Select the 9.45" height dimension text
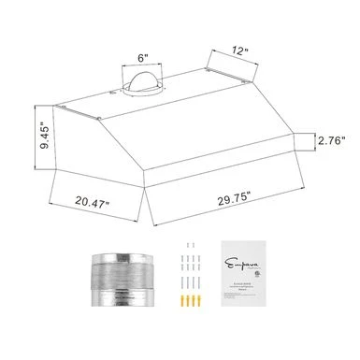19,135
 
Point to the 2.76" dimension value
332,141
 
